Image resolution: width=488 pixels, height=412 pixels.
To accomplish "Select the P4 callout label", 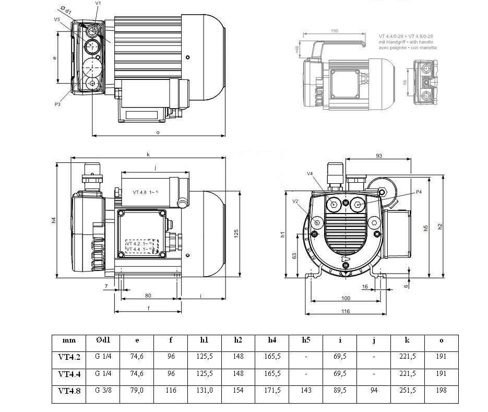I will point(419,192).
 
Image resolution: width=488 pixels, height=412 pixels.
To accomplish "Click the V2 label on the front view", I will point(295,201).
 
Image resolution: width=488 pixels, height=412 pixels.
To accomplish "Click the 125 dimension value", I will point(236,231).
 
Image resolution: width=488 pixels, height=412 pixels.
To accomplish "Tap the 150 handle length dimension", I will point(334,31).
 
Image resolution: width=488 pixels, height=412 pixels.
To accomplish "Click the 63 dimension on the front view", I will point(294,256).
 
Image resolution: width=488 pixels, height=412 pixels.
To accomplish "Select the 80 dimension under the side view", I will point(148,296).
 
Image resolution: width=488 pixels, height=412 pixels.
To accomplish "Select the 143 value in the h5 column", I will point(306,391).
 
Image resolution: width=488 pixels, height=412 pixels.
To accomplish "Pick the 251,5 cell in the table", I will point(407,391).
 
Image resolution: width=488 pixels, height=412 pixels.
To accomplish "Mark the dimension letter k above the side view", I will point(148,154).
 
